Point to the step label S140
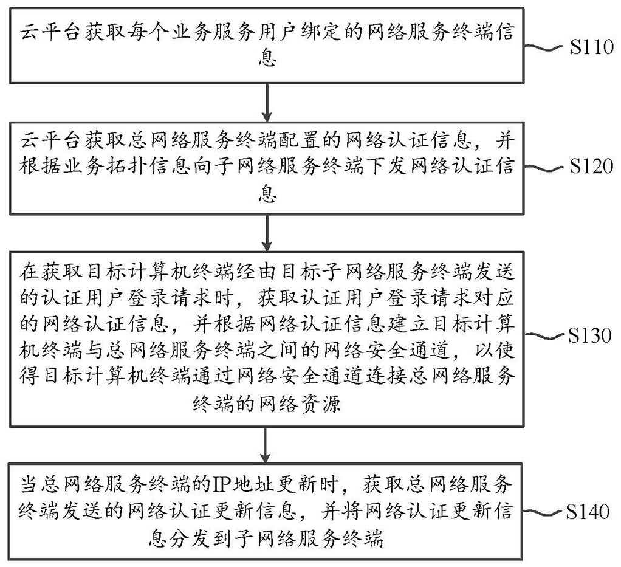tap(589, 512)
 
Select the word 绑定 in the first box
tap(331, 32)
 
